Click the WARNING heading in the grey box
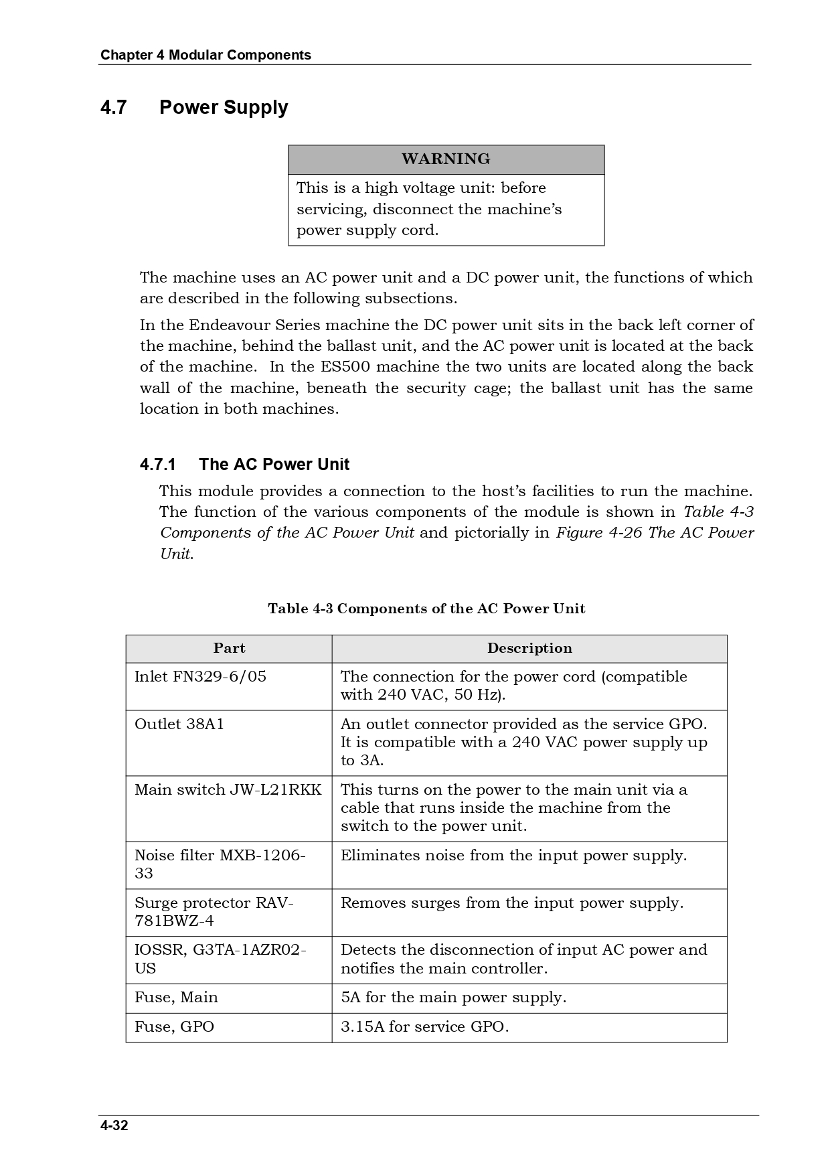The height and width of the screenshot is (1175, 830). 446,159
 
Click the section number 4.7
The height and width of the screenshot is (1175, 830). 114,108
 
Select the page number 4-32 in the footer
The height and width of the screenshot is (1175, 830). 114,1125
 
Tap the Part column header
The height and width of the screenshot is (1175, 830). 229,648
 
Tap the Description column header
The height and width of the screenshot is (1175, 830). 529,648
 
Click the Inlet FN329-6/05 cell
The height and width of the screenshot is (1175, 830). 201,677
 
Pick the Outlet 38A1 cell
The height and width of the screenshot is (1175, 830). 179,724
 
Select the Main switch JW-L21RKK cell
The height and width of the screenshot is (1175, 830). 228,790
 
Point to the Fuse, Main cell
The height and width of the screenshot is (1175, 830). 176,998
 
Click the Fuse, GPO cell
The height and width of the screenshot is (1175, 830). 174,1027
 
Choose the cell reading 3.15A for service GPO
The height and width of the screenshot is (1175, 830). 424,1027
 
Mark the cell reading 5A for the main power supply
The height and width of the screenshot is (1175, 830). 453,998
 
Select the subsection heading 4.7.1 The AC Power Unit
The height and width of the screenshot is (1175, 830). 245,465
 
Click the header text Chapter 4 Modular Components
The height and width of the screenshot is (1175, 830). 205,55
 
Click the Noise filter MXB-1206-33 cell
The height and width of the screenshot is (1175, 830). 220,864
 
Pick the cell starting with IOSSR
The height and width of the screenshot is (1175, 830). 220,959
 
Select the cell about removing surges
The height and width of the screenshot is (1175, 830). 512,903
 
